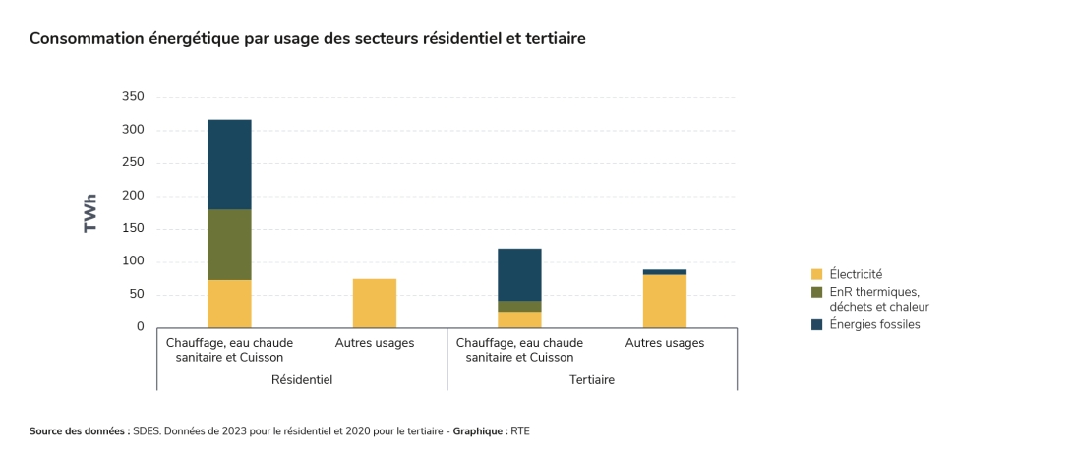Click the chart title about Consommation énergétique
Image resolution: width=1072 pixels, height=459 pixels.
[307, 38]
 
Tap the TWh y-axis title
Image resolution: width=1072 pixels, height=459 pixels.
[90, 212]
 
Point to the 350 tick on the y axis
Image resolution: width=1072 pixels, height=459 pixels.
[133, 97]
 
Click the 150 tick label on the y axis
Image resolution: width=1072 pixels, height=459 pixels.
[133, 229]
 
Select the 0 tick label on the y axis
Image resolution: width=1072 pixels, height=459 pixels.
[140, 327]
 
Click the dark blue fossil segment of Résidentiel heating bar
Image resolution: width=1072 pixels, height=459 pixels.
[229, 164]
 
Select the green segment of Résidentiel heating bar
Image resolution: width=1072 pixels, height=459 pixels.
[229, 245]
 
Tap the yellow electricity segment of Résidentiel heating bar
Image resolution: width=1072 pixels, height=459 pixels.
[229, 304]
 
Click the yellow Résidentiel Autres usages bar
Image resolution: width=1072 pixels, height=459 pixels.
[374, 303]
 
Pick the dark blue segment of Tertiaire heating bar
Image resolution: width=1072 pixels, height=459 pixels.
[519, 274]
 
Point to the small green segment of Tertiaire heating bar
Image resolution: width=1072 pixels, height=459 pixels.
[519, 307]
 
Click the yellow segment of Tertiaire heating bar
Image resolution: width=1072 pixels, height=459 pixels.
[519, 319]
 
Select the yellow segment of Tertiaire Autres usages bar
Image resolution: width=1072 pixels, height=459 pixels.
[664, 301]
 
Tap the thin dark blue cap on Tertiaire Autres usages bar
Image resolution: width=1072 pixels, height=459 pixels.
[664, 272]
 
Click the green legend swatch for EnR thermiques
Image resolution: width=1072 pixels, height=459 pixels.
[816, 292]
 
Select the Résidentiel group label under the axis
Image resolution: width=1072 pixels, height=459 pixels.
[302, 379]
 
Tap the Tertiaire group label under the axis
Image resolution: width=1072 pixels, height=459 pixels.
[592, 379]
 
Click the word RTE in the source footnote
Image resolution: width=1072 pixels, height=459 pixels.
[520, 431]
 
